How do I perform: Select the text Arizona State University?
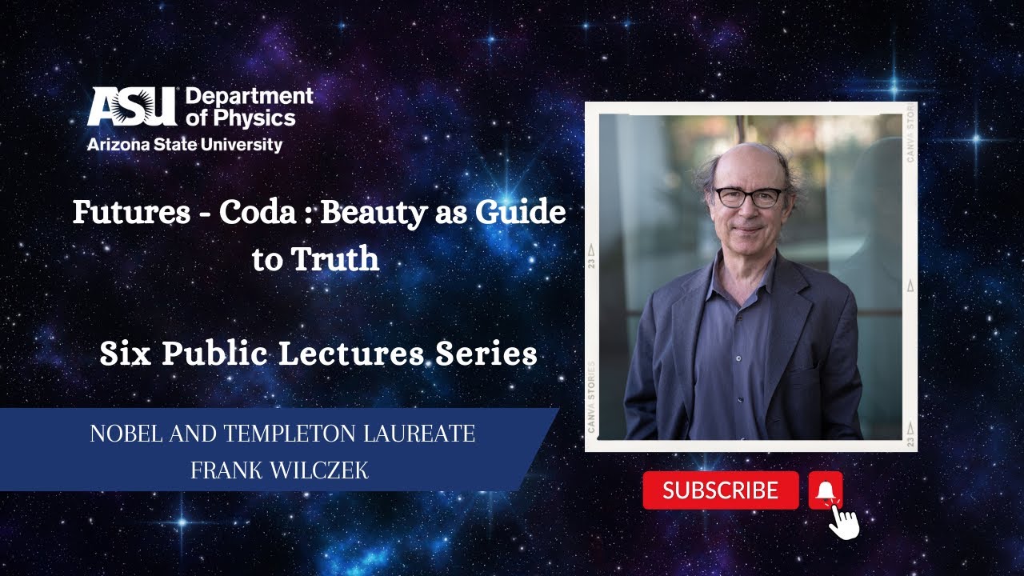coord(185,145)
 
